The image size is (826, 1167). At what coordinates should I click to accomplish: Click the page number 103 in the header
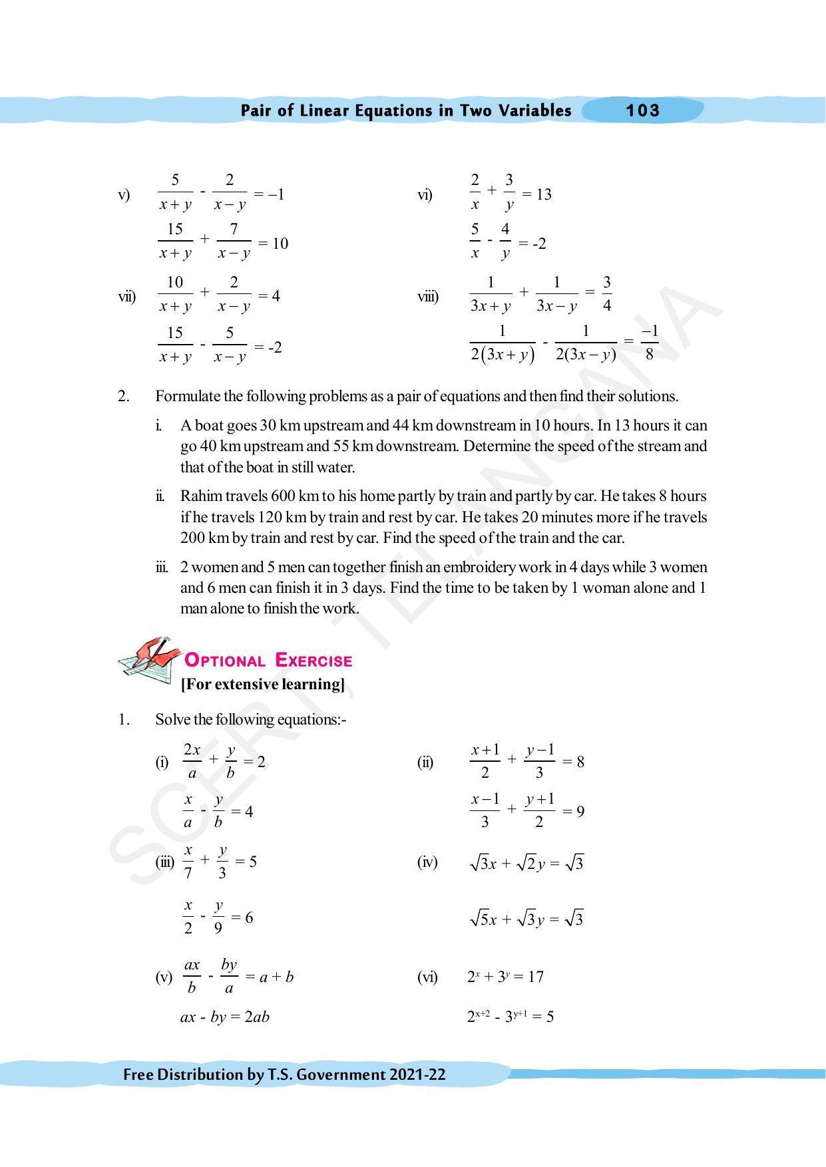coord(642,110)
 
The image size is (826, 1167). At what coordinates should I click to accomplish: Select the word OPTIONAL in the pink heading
coord(224,661)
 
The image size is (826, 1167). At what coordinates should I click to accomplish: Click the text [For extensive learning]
coord(263,684)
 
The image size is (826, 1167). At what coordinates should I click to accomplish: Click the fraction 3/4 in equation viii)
coord(606,294)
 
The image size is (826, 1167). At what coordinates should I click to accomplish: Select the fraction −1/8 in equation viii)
coord(649,342)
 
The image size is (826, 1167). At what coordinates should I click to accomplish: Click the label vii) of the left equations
coord(126,296)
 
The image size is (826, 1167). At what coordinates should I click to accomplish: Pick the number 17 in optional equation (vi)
coord(534,977)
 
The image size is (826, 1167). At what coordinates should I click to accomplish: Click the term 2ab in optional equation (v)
coord(256,1017)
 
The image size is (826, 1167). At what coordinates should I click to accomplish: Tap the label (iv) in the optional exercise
coord(427,863)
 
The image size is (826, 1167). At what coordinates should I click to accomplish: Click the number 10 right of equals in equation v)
coord(280,244)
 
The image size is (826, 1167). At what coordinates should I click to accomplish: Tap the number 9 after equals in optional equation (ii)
coord(580,811)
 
